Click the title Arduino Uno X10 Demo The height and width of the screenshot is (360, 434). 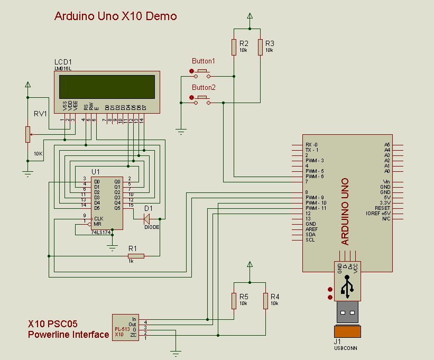pos(115,16)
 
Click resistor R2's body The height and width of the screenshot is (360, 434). pos(234,47)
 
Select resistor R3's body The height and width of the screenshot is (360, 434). pos(260,47)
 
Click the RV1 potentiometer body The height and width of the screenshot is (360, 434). pos(27,134)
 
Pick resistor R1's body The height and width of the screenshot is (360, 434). pos(136,256)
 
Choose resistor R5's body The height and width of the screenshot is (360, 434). pos(234,301)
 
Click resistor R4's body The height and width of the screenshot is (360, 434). pos(265,301)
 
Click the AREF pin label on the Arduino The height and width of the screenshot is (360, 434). pos(311,229)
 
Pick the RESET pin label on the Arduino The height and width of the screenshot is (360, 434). pos(382,208)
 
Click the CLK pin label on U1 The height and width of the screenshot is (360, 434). pos(98,218)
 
